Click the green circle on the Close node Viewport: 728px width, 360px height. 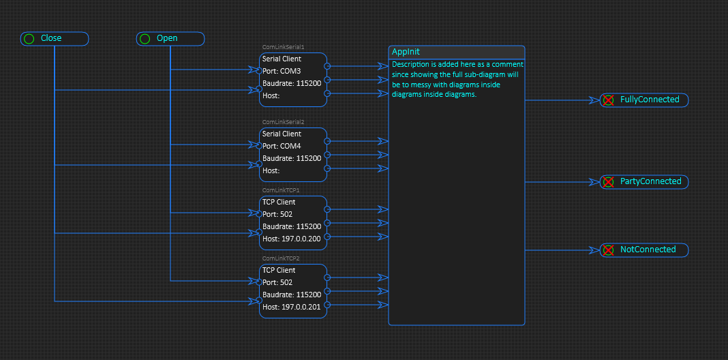[29, 39]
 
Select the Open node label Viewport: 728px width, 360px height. [167, 38]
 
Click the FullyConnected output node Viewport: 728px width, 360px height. [644, 100]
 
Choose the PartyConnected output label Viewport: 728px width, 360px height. [650, 181]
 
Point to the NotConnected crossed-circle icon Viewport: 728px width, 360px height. [608, 250]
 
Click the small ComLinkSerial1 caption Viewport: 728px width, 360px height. [283, 47]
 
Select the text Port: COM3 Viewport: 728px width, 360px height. [282, 71]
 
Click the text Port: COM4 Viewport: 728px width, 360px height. [282, 146]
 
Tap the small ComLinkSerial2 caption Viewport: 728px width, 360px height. [283, 121]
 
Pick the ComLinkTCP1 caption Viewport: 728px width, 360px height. [282, 190]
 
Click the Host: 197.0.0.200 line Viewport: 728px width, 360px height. [291, 239]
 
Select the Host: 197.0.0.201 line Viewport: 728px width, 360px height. [291, 307]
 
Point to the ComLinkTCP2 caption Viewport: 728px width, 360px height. [282, 258]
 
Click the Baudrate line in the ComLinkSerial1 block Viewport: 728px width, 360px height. [292, 84]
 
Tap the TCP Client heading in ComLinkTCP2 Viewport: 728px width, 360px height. [279, 271]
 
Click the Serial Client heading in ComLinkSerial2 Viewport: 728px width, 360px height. [282, 134]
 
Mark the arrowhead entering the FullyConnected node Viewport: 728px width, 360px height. [595, 100]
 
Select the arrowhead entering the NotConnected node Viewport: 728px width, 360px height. [595, 250]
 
